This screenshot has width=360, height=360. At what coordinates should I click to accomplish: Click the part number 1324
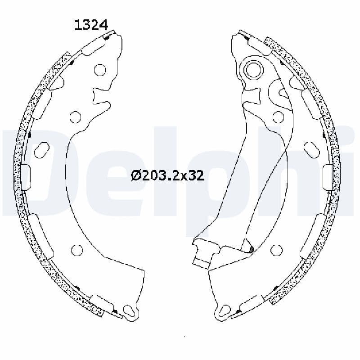tap(90, 25)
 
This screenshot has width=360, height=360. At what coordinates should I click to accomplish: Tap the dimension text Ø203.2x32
tap(167, 175)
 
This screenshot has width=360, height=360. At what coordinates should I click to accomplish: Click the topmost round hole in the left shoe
tap(100, 70)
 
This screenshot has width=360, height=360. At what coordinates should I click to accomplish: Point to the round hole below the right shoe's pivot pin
tap(278, 117)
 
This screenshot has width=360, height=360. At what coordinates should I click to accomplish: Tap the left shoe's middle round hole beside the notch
tap(76, 117)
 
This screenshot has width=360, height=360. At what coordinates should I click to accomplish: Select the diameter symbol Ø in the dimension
tap(136, 175)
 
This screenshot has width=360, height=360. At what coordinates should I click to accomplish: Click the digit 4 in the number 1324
tap(103, 25)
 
